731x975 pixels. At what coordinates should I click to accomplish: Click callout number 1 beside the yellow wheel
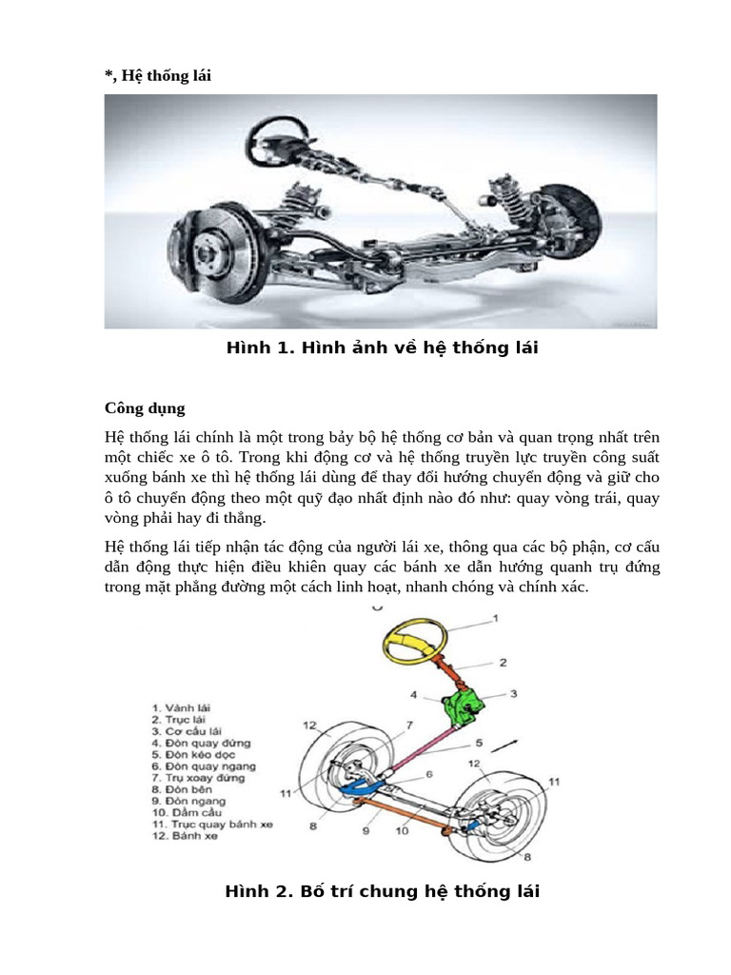495,619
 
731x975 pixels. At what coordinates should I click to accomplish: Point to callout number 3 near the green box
513,695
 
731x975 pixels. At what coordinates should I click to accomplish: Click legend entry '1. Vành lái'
184,707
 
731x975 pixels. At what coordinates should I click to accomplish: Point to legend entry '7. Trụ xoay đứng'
198,777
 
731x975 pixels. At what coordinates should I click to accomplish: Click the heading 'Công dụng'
145,408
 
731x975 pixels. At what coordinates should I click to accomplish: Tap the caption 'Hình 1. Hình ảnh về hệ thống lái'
382,348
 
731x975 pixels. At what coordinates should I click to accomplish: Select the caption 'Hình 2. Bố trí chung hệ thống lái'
382,892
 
